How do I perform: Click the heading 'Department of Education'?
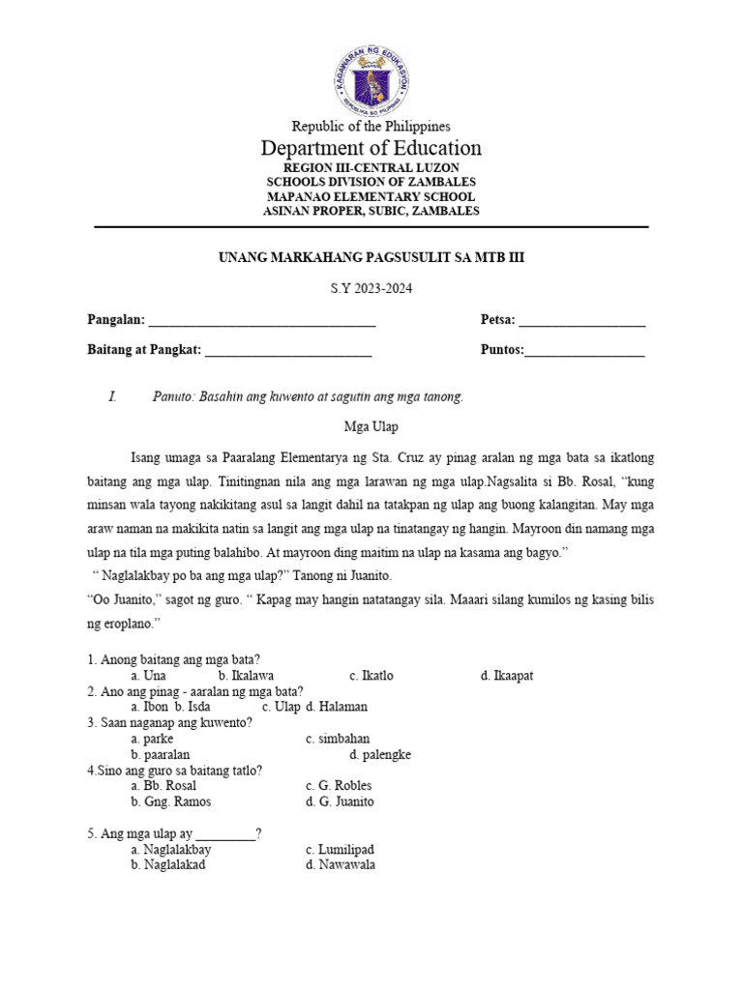[x=371, y=148]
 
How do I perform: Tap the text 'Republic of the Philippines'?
[x=371, y=126]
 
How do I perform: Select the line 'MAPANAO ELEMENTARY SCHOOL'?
[x=371, y=196]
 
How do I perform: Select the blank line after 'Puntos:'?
[x=584, y=352]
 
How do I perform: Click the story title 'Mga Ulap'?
[x=371, y=426]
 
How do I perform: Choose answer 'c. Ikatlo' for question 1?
[x=371, y=676]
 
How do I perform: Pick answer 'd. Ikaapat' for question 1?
[x=506, y=676]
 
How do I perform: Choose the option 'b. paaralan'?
[x=160, y=754]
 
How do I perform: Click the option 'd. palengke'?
[x=380, y=754]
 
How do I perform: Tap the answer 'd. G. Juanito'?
[x=340, y=801]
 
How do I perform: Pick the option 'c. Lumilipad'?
[x=341, y=850]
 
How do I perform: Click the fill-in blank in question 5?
[x=226, y=834]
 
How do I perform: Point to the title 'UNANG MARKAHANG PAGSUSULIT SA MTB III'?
[x=371, y=258]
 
